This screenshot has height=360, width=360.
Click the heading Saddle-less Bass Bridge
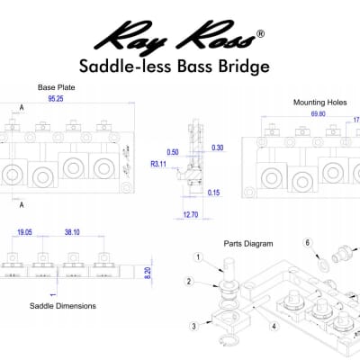(x=180, y=66)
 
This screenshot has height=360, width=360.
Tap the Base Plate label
(x=51, y=87)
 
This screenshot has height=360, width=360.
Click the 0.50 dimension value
(x=174, y=152)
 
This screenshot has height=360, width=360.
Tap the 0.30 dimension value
(x=216, y=147)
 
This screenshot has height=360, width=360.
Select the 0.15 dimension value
(x=213, y=193)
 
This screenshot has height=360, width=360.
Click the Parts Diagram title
(x=247, y=243)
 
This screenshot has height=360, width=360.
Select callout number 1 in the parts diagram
(x=197, y=256)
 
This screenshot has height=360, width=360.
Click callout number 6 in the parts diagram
(x=307, y=242)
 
